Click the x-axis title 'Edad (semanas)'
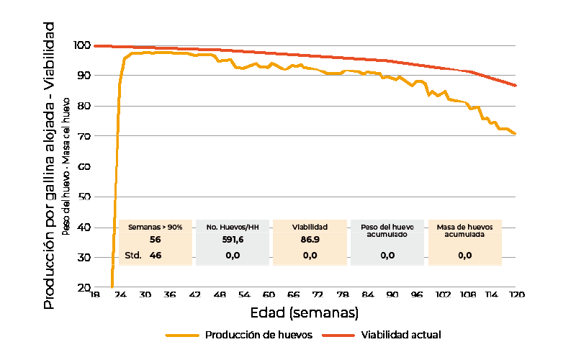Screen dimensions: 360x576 (304, 313)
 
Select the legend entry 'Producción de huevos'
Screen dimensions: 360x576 (258, 335)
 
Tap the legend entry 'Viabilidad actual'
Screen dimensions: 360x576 (400, 335)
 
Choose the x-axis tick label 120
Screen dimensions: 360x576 (516, 294)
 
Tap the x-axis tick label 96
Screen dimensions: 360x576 (417, 294)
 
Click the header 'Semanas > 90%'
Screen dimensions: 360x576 (156, 227)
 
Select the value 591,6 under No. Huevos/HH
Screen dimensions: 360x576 (233, 239)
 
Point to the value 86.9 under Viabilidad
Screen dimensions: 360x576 (310, 239)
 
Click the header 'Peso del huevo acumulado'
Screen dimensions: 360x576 (387, 230)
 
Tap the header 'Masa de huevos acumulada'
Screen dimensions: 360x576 (465, 230)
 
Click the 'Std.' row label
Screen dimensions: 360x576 (133, 255)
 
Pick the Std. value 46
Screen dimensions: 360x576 (156, 255)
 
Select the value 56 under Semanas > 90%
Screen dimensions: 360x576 (156, 239)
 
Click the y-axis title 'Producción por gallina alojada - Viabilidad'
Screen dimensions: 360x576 (49, 166)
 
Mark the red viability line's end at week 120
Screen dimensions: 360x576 (516, 86)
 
